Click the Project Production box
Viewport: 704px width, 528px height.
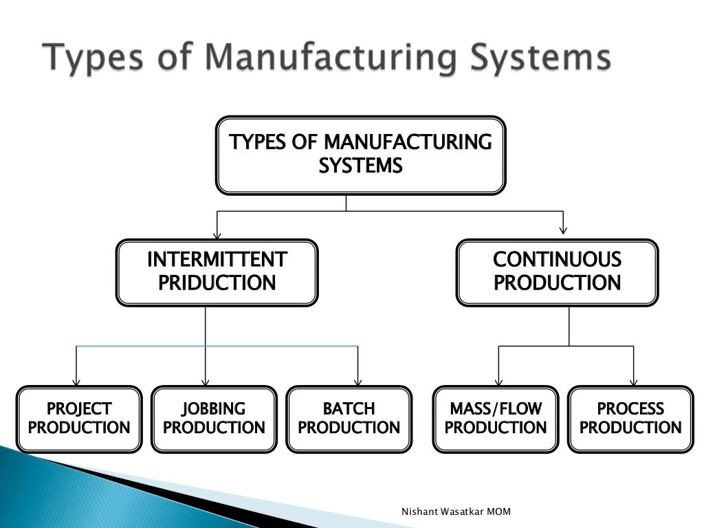click(79, 419)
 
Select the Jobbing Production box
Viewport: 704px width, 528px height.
click(213, 419)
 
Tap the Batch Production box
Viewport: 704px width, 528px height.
click(349, 419)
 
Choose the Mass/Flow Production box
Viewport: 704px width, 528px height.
click(495, 419)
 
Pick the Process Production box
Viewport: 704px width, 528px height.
click(630, 419)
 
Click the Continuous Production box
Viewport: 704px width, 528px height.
click(557, 272)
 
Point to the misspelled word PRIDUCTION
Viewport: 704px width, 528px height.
click(217, 283)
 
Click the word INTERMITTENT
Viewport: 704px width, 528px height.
click(217, 260)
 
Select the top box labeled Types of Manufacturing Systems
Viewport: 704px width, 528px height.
click(360, 155)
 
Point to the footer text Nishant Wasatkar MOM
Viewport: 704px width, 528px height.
click(456, 512)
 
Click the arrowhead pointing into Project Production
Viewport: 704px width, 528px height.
click(76, 382)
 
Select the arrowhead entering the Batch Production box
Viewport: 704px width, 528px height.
click(357, 382)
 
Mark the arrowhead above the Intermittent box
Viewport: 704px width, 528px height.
click(217, 234)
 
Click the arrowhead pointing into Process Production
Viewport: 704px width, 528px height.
click(633, 382)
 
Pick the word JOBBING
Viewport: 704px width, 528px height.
click(213, 409)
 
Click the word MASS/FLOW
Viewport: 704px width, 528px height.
click(495, 409)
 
